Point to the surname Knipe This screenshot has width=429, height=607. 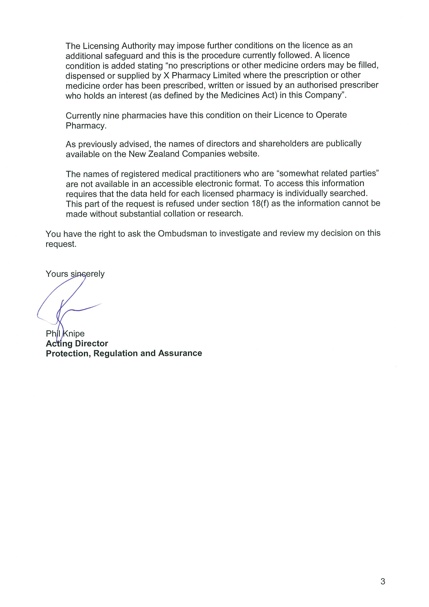(74, 334)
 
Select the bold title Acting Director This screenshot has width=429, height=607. (77, 343)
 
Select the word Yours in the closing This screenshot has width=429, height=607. (57, 274)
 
